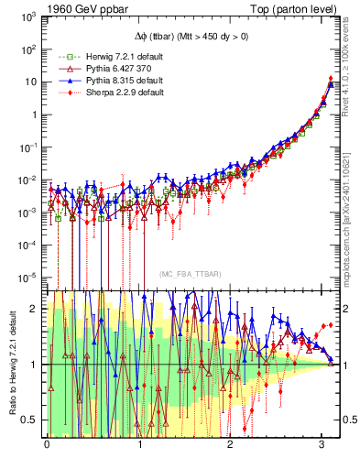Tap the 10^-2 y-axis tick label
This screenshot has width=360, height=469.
click(x=27, y=180)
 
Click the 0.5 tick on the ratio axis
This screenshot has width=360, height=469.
click(x=30, y=420)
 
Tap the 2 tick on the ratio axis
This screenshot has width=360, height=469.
click(x=34, y=309)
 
